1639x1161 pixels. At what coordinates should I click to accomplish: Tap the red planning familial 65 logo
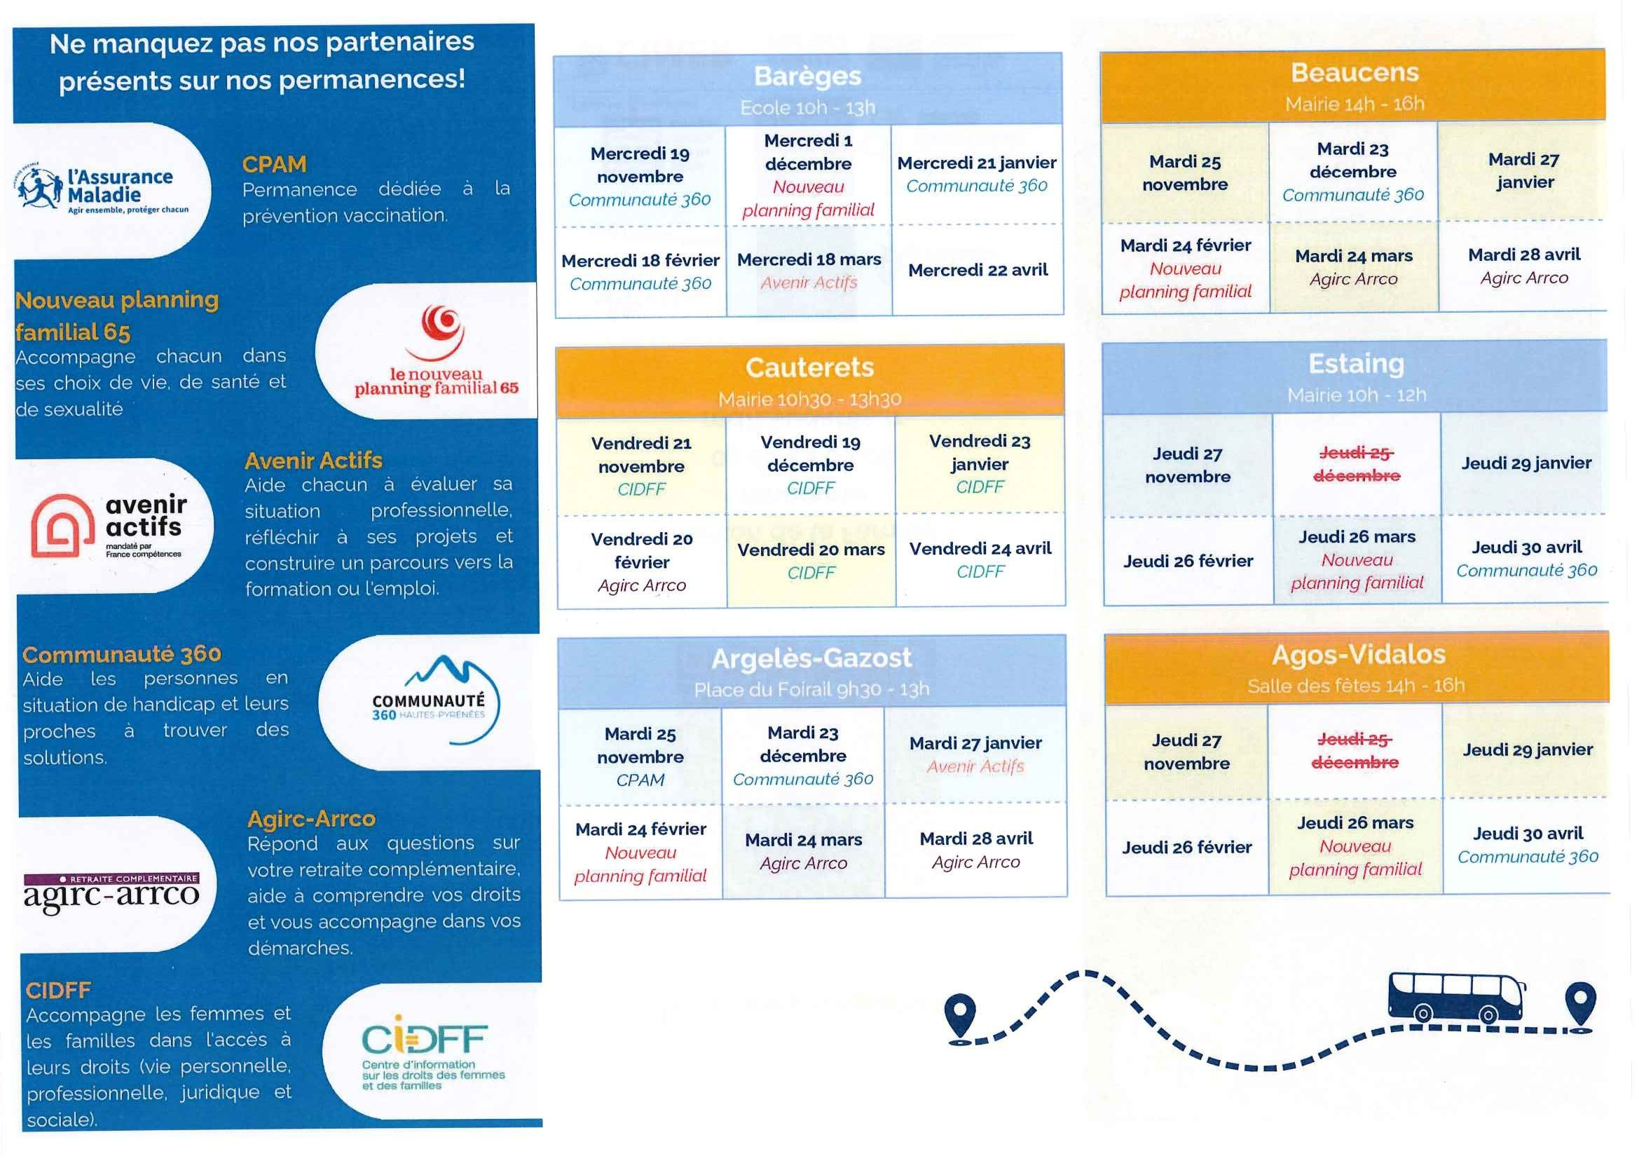coord(437,351)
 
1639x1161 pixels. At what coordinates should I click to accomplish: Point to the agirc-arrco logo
coord(111,891)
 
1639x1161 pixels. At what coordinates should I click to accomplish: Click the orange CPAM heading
coord(275,165)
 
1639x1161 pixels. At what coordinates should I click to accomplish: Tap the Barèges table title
coord(807,76)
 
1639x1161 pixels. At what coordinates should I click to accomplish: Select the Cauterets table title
coord(809,367)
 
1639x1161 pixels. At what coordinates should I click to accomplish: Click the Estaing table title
coord(1355,364)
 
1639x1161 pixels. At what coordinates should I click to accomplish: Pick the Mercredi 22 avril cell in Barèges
coord(978,270)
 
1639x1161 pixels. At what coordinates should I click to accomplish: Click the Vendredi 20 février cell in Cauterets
coord(642,562)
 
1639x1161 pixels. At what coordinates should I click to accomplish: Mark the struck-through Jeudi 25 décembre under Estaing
coord(1356,464)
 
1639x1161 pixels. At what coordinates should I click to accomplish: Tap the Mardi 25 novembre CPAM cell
coord(640,756)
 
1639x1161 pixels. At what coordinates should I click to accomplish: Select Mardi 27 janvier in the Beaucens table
coord(1523,171)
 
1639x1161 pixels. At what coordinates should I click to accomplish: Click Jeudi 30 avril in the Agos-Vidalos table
coord(1528,844)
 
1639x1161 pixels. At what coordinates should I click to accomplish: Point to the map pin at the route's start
coord(959,1016)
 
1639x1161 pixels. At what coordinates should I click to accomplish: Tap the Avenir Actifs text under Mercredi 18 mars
coord(808,283)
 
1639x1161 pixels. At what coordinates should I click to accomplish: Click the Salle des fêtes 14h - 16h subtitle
coord(1355,686)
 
